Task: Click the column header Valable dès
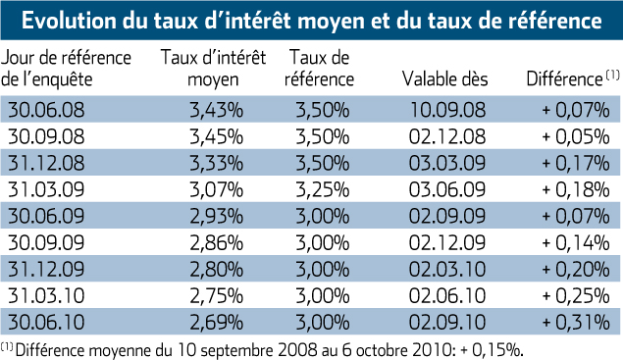(445, 78)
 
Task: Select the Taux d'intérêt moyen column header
(213, 68)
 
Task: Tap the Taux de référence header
(319, 68)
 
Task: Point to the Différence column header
(573, 78)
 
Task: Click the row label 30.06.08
(46, 110)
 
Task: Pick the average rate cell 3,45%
(216, 136)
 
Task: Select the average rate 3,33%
(216, 163)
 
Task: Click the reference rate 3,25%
(323, 189)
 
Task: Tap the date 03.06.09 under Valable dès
(447, 189)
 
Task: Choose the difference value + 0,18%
(576, 189)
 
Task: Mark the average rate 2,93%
(216, 216)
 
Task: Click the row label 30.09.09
(46, 243)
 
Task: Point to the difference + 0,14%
(576, 243)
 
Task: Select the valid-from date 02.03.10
(447, 270)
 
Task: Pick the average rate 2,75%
(216, 296)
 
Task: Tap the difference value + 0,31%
(576, 323)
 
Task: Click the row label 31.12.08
(46, 163)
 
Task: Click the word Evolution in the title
(69, 21)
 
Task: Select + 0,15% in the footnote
(492, 350)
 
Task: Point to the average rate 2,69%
(216, 323)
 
